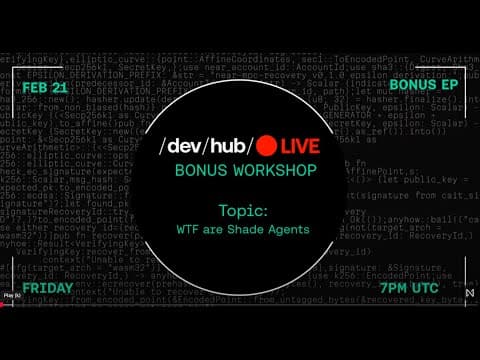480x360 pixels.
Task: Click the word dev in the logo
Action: pos(183,145)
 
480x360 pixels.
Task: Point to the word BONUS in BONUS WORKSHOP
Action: pos(199,171)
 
